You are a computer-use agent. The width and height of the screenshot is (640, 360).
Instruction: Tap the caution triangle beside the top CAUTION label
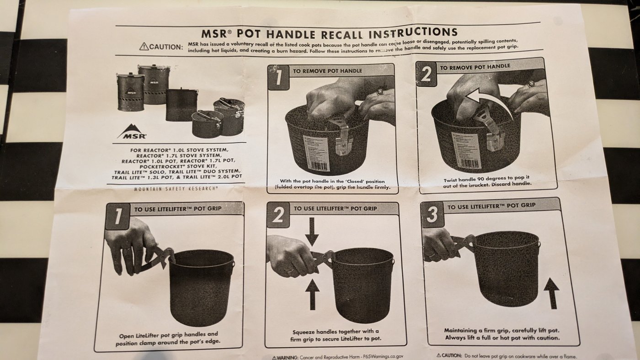[144, 47]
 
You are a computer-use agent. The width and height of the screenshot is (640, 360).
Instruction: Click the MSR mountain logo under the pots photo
[132, 131]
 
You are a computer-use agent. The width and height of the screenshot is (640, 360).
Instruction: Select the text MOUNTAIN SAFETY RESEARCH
[176, 188]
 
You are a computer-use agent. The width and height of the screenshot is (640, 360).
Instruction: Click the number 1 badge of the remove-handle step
[278, 77]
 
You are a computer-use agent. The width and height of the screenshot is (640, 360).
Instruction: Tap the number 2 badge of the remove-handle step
[426, 74]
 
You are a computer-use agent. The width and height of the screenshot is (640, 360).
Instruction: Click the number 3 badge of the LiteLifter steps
[432, 214]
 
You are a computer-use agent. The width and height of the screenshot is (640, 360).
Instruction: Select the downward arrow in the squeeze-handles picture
[312, 232]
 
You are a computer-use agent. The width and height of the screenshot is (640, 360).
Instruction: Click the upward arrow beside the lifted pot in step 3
[552, 293]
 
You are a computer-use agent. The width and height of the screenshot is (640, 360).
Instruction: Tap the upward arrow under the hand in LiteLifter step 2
[312, 294]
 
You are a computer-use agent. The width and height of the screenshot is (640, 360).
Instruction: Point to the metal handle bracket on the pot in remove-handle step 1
[341, 137]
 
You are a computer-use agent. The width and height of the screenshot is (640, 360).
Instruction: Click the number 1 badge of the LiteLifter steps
[118, 217]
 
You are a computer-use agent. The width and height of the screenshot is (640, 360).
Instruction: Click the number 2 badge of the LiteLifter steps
[278, 215]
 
